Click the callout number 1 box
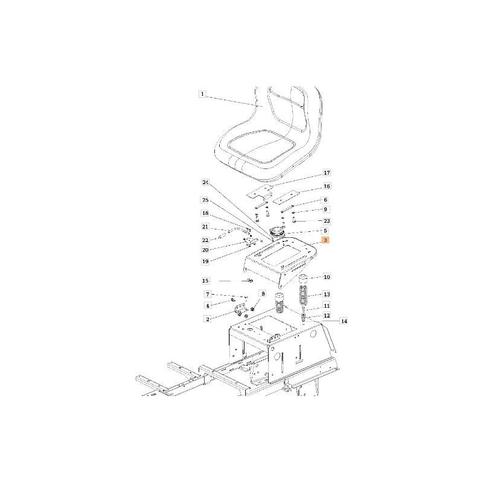(x=202, y=94)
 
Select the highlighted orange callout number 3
(x=326, y=240)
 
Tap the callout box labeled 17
(x=327, y=173)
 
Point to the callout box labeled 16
(x=327, y=187)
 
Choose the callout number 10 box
(x=327, y=278)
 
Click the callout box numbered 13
(x=327, y=294)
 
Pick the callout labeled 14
(x=344, y=321)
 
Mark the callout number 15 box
(x=205, y=281)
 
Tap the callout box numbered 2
(x=207, y=319)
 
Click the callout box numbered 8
(x=262, y=294)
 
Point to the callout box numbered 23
(x=327, y=221)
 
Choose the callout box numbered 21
(x=205, y=227)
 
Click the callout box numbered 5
(x=326, y=231)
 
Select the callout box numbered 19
(x=205, y=261)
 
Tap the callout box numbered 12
(x=327, y=315)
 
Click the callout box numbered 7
(x=207, y=294)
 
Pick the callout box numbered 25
(x=205, y=199)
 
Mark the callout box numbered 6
(x=326, y=200)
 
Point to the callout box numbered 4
(x=207, y=306)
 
